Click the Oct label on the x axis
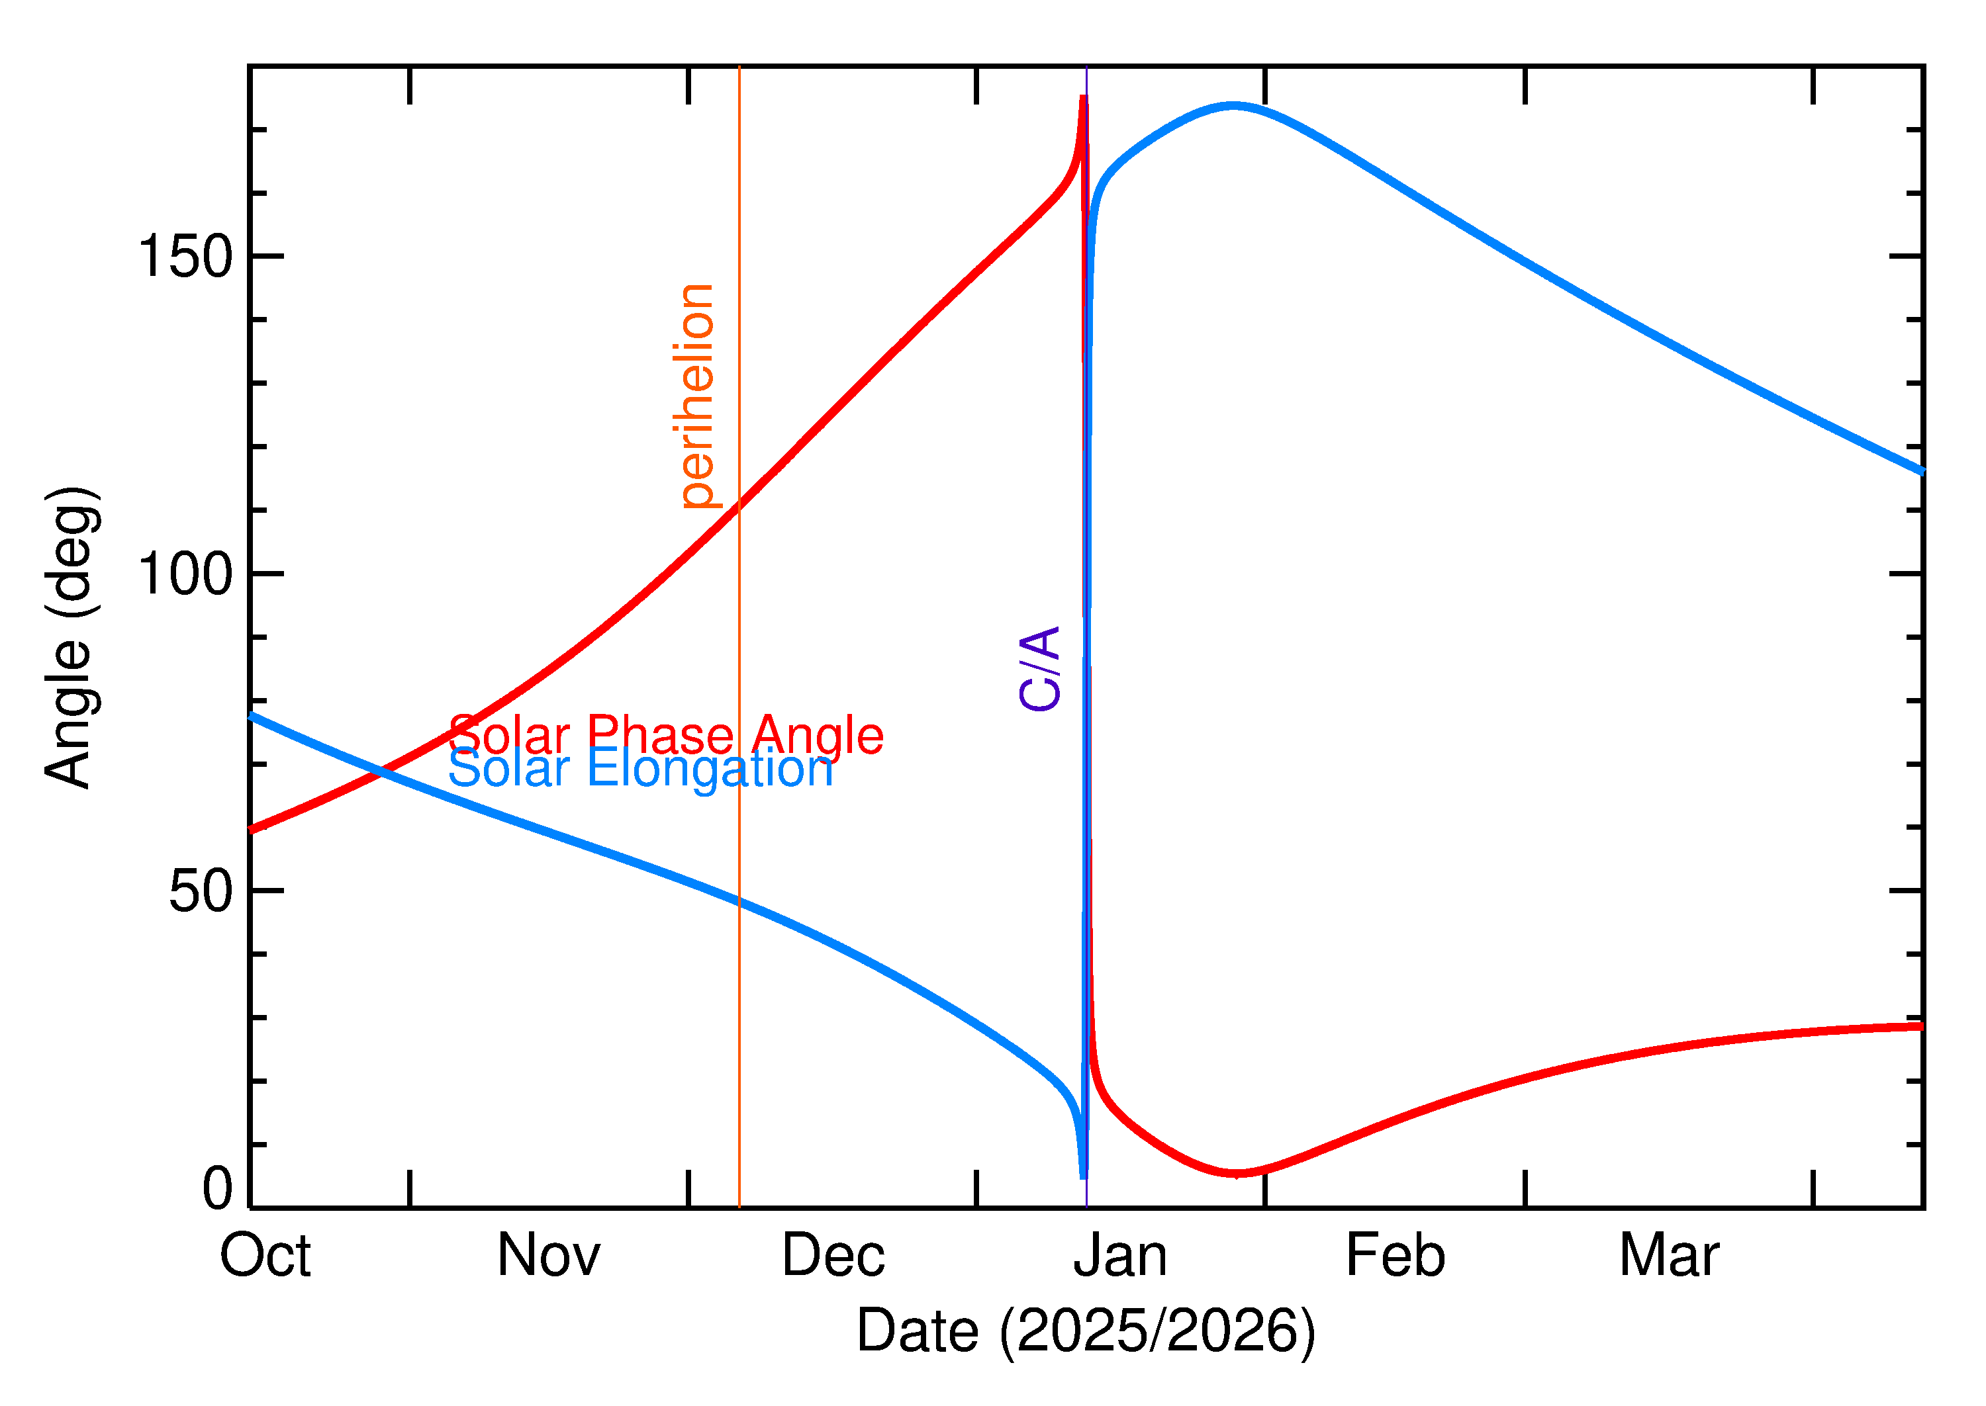[265, 1256]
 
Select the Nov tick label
[548, 1256]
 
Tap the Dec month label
[833, 1256]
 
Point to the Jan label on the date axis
[1120, 1256]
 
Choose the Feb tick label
[1395, 1256]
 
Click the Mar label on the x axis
[1669, 1256]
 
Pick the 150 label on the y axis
[185, 257]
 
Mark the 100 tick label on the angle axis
[185, 574]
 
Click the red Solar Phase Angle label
[666, 735]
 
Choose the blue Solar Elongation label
[641, 768]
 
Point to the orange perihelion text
[696, 396]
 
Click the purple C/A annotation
[1040, 668]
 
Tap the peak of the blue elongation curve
[1233, 107]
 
